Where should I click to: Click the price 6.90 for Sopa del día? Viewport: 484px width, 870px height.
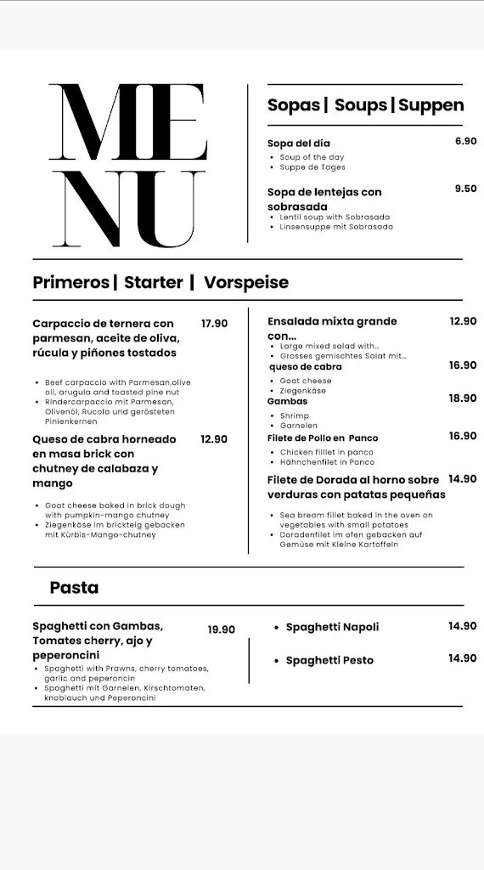pos(465,141)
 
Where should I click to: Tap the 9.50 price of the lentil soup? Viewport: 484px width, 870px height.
pos(465,189)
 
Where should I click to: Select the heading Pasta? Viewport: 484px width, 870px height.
pos(74,587)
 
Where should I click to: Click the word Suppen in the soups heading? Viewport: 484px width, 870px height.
pos(431,105)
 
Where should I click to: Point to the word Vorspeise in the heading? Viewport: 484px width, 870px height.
pos(246,282)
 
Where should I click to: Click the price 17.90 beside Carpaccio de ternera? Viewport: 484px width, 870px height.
pos(214,323)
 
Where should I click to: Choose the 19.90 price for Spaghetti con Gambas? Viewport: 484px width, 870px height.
pos(221,630)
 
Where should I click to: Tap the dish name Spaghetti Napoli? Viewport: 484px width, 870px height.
pos(332,627)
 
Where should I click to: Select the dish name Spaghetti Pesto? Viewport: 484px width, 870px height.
pos(329,660)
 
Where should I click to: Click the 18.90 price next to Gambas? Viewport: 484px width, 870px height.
pos(463,398)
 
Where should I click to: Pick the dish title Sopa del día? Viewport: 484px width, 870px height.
pos(299,144)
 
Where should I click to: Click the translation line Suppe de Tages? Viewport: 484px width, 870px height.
pos(312,167)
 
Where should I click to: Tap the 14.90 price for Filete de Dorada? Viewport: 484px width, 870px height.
pos(463,479)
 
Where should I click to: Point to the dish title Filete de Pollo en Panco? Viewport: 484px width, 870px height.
pos(323,438)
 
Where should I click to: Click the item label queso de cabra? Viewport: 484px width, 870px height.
pos(306,367)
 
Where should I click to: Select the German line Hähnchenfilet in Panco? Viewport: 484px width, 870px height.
pos(327,462)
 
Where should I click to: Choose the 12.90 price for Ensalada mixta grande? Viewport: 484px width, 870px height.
pos(463,321)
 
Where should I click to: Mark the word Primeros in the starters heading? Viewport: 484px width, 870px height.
pos(70,282)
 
